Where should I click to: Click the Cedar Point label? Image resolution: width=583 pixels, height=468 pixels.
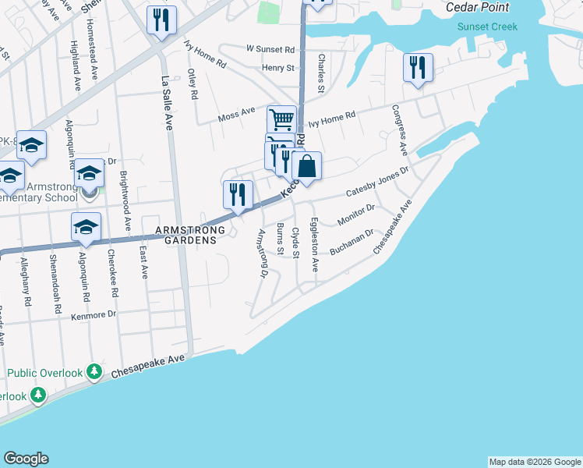click(477, 8)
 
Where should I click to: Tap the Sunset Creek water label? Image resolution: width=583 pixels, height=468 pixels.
click(482, 27)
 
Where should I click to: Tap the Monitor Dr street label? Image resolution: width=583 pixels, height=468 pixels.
click(356, 214)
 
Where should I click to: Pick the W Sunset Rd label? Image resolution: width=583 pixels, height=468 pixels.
click(270, 49)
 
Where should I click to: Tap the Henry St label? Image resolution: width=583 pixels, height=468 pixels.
click(278, 68)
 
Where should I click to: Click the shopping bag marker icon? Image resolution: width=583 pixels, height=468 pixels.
click(307, 166)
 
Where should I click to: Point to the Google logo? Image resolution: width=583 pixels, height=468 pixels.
click(26, 459)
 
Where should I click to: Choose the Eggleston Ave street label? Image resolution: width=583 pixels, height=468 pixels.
click(313, 245)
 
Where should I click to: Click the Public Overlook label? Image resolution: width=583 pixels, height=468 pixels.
click(44, 373)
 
